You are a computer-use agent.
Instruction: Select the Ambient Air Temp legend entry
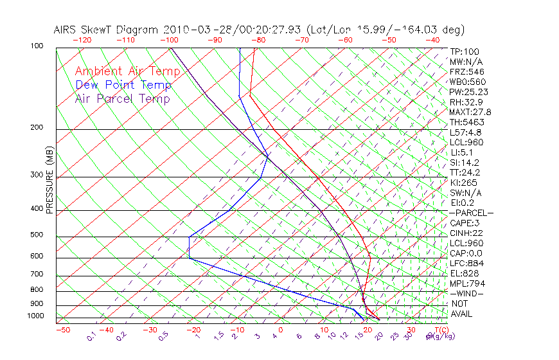127,71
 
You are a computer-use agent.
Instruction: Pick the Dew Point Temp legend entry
123,85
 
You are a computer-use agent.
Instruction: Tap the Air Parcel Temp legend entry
122,98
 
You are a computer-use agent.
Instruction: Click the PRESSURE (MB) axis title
50,187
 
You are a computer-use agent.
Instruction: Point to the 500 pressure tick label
37,235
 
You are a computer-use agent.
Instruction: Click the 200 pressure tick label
37,127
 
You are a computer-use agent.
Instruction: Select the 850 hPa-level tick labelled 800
37,290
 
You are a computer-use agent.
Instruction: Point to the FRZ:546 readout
466,71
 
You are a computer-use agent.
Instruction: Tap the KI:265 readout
463,183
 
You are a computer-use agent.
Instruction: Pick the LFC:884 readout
466,264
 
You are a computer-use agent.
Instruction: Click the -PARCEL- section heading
471,213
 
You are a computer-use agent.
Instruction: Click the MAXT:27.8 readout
470,112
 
